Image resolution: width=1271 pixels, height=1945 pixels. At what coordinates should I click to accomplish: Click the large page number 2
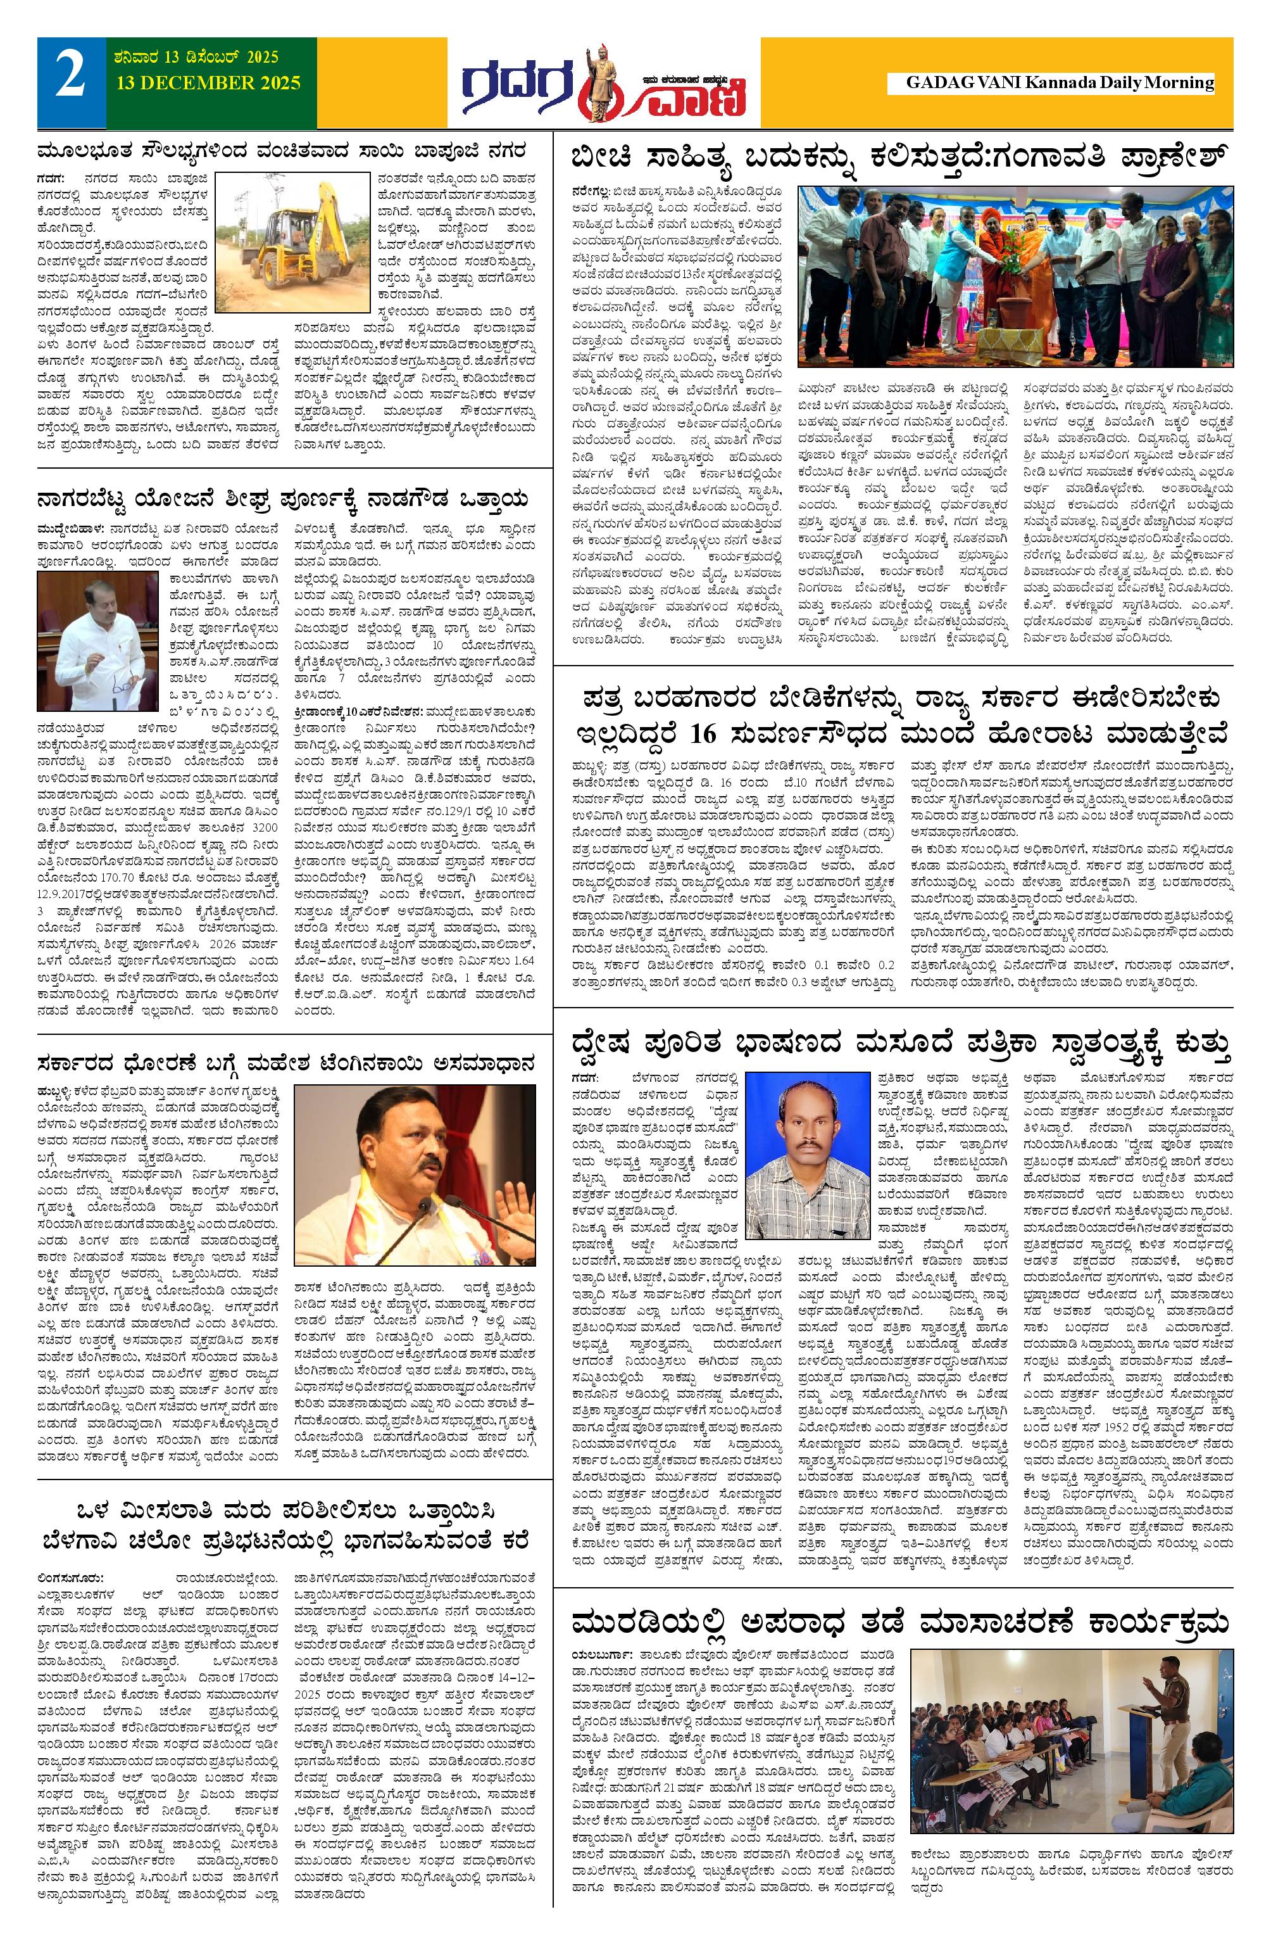tap(70, 80)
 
